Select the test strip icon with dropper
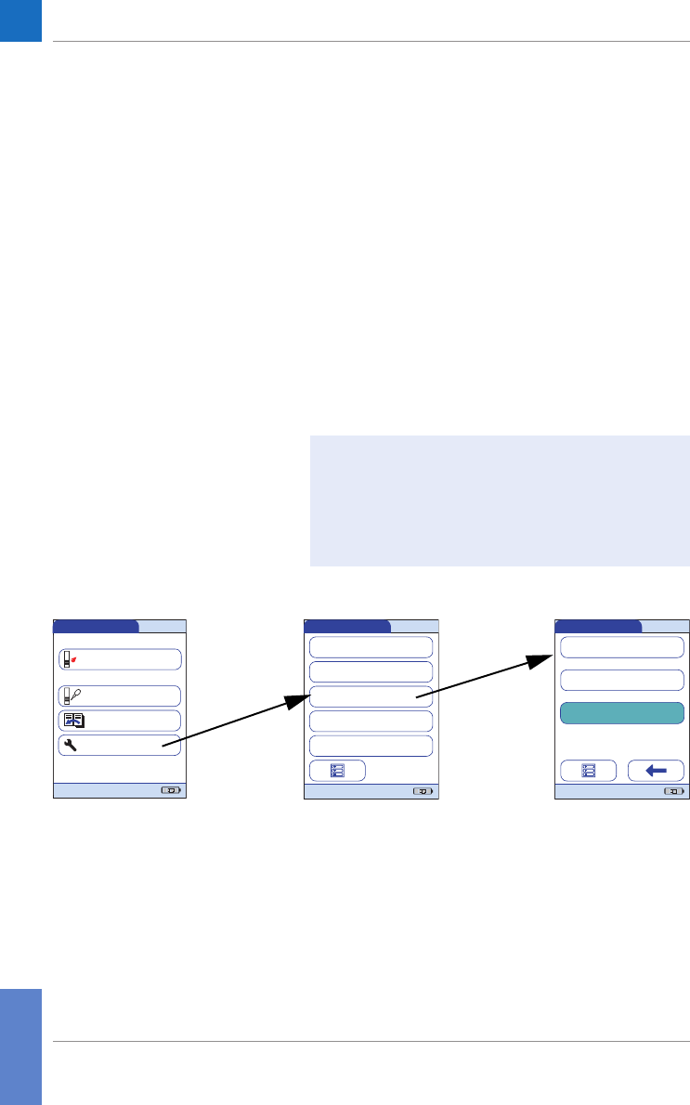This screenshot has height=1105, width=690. click(71, 695)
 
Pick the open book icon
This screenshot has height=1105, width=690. click(73, 721)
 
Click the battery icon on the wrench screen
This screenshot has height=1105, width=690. click(172, 792)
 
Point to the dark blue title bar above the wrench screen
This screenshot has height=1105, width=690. click(96, 626)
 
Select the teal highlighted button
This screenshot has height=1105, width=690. click(621, 713)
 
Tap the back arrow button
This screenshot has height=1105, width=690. click(656, 771)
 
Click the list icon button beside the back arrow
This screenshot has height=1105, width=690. click(588, 771)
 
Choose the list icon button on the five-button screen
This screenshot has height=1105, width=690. click(337, 771)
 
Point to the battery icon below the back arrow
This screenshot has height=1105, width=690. click(672, 792)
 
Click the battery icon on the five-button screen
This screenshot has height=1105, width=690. click(423, 792)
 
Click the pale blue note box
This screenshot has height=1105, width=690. click(499, 500)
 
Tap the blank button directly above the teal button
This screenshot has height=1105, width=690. click(621, 680)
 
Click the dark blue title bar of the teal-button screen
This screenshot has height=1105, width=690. click(597, 626)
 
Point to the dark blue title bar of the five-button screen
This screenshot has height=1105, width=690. click(347, 626)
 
